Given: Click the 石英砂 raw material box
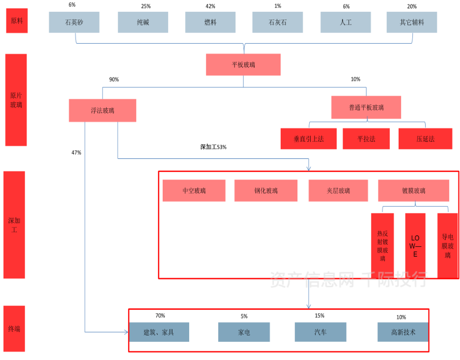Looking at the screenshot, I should click(x=74, y=23).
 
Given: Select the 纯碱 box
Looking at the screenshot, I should click(x=143, y=23).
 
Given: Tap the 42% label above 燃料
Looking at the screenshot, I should click(x=210, y=6).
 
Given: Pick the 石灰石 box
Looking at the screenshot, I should click(x=278, y=23).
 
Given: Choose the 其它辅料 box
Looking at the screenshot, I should click(x=412, y=23).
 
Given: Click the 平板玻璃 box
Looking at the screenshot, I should click(x=243, y=64).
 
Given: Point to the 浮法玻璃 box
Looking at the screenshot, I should click(x=102, y=111).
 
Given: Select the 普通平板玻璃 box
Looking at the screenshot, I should click(x=366, y=107).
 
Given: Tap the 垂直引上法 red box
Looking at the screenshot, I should click(x=309, y=139).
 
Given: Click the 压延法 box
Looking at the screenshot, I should click(x=425, y=139).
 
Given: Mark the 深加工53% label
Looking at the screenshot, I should click(x=213, y=147).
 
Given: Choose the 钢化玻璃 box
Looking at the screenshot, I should click(x=266, y=191).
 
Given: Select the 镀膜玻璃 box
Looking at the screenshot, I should click(x=413, y=191).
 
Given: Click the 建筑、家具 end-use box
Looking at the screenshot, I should click(x=159, y=332).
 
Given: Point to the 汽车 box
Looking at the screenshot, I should click(x=320, y=332).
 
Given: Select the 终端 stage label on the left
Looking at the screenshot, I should click(x=14, y=329).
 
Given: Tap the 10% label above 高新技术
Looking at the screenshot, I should click(x=402, y=317).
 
